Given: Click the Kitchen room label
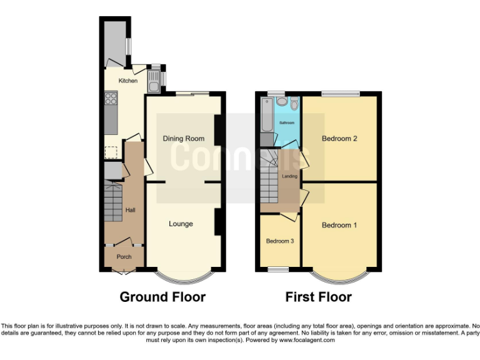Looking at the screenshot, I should [x=127, y=81].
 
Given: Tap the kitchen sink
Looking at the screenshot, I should [x=154, y=79].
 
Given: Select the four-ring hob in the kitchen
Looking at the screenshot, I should [x=111, y=97].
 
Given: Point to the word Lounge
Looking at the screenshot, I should [x=181, y=224].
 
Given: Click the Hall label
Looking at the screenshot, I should [x=130, y=210].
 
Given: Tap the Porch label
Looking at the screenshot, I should [x=124, y=256].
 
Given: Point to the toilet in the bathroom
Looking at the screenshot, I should [x=282, y=101].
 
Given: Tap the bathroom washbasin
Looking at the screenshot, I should [x=294, y=102].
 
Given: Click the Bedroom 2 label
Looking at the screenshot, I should [x=339, y=138].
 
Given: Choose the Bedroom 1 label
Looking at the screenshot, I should [x=339, y=225].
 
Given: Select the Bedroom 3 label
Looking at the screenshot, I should [x=279, y=241].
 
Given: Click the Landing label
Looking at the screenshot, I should [x=289, y=176].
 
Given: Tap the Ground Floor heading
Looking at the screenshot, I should [x=162, y=297].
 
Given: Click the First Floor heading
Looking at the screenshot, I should [x=318, y=297].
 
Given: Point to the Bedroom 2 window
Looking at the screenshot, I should [x=341, y=94].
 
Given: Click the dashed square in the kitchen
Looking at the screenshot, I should [x=111, y=151].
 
